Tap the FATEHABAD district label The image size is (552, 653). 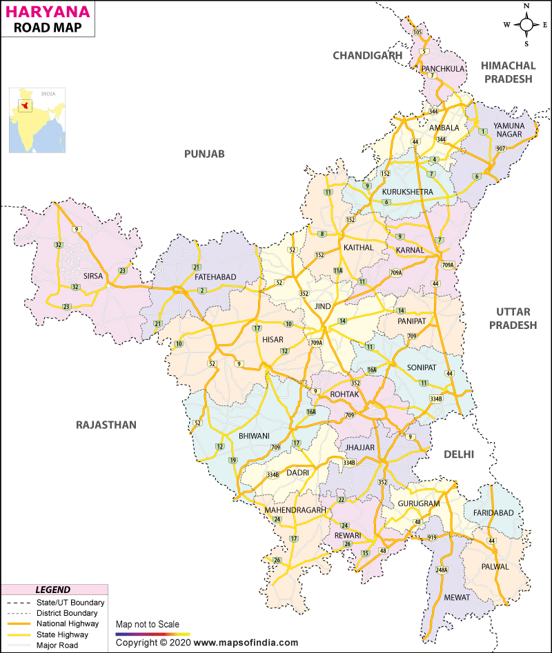point(215,277)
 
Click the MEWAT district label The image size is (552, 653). point(455,597)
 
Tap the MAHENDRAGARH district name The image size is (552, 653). point(295,510)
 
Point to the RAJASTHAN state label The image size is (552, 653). point(106,425)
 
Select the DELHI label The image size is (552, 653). point(459,454)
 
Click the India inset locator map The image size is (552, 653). point(37,120)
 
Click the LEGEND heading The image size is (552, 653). point(52,590)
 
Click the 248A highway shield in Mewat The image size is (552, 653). point(442,570)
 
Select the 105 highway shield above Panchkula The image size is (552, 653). point(417,32)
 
